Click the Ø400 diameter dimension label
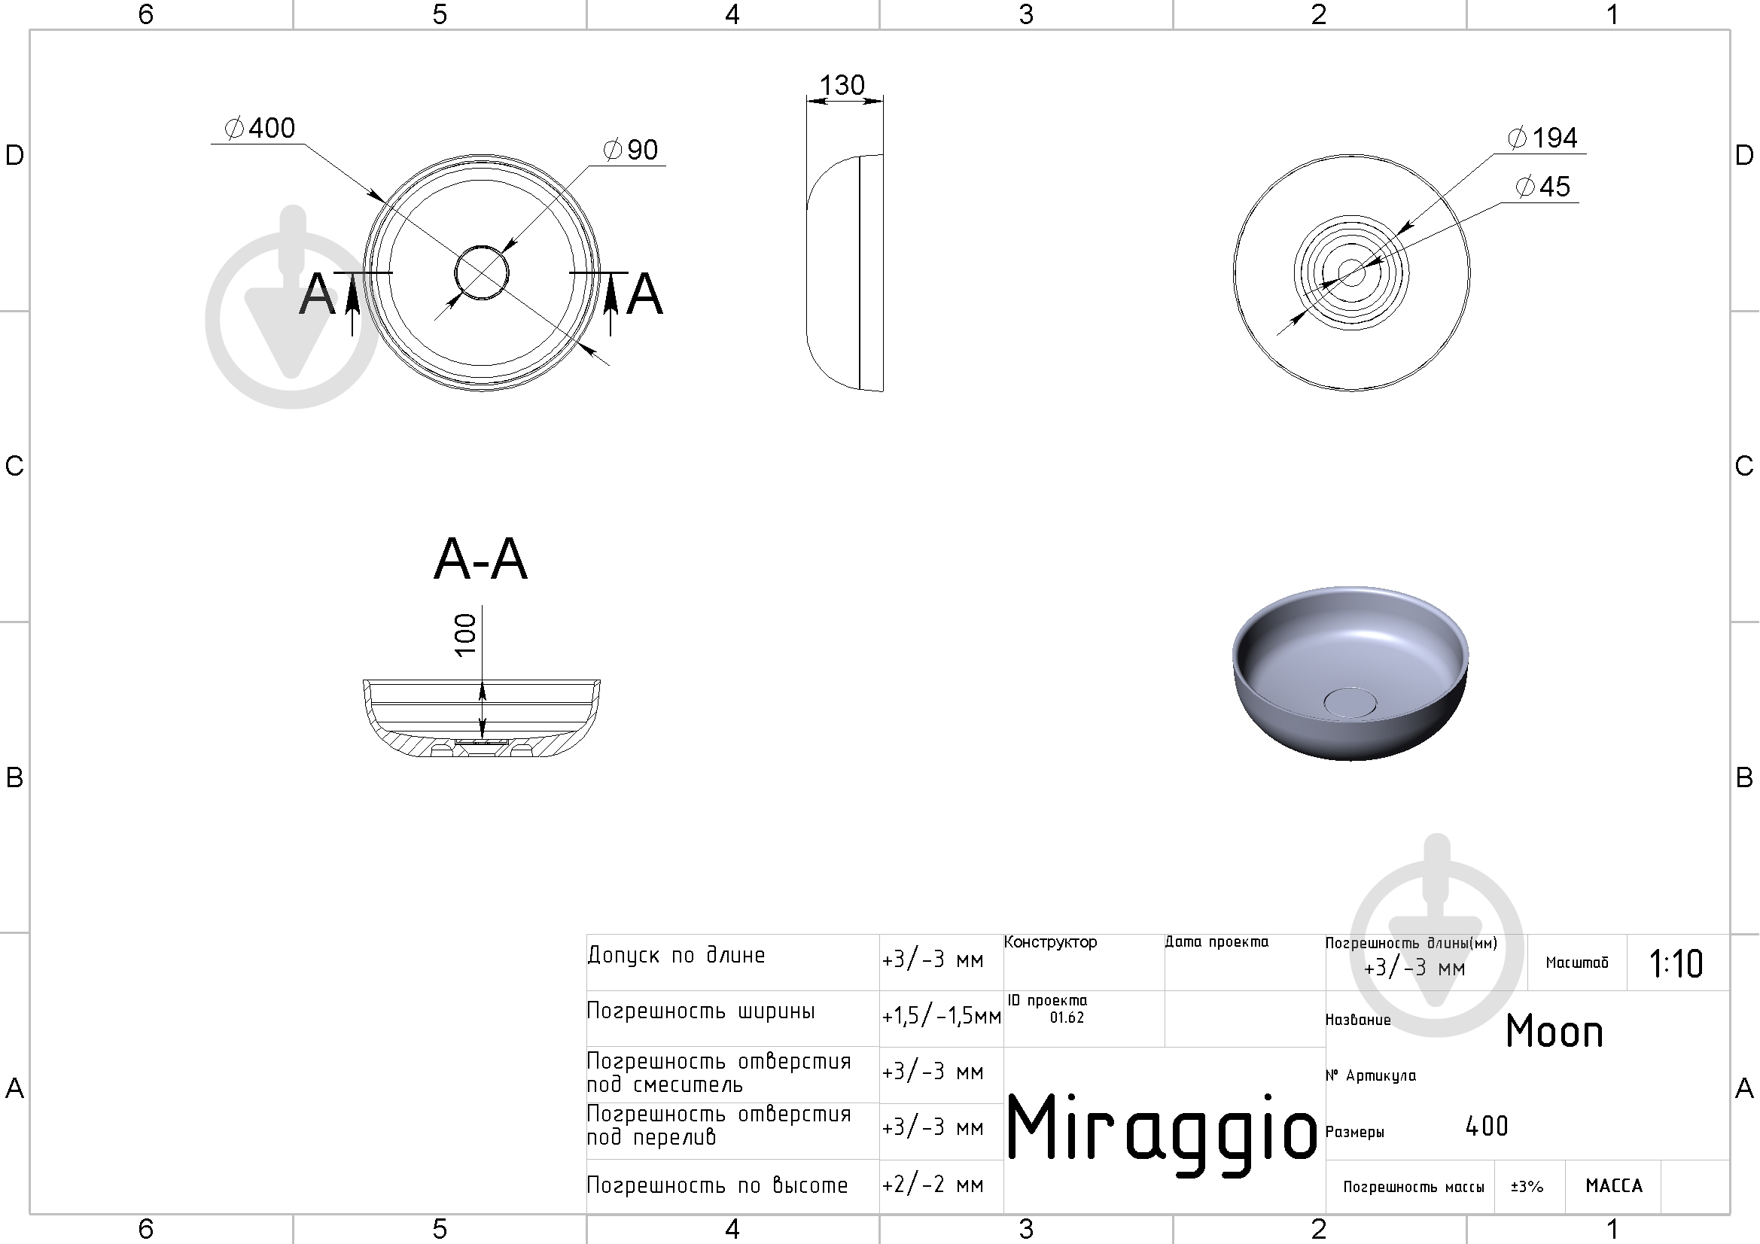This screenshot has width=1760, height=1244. pyautogui.click(x=260, y=128)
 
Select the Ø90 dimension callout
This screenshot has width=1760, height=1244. pyautogui.click(x=631, y=150)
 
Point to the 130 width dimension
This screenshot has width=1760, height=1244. pyautogui.click(x=842, y=84)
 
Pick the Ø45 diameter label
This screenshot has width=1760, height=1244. pyautogui.click(x=1543, y=186)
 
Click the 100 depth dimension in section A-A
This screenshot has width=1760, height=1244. pyautogui.click(x=465, y=634)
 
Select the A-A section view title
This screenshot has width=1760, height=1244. pyautogui.click(x=480, y=558)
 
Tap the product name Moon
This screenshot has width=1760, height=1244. pyautogui.click(x=1554, y=1031)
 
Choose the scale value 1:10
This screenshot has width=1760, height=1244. pyautogui.click(x=1676, y=963)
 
